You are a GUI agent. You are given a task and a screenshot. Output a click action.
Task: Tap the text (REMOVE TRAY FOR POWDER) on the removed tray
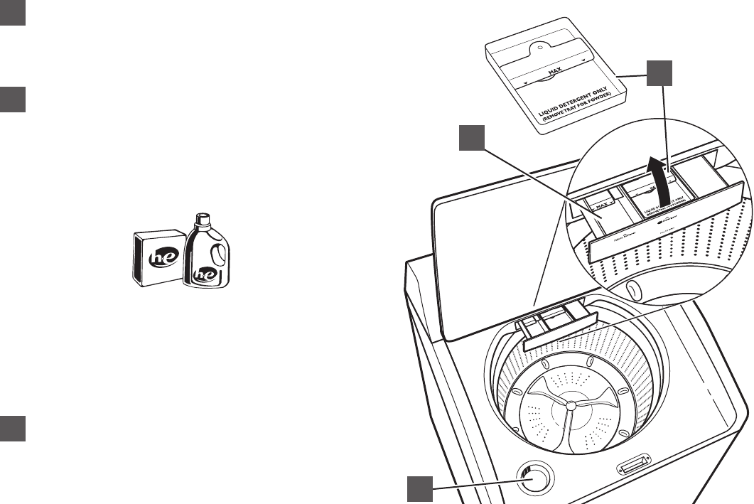pyautogui.click(x=574, y=110)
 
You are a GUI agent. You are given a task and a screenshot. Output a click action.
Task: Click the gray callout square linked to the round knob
pyautogui.click(x=421, y=490)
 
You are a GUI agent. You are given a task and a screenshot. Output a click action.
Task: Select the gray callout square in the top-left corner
pyautogui.click(x=13, y=13)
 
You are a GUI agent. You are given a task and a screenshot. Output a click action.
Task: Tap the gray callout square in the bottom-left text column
pyautogui.click(x=13, y=428)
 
